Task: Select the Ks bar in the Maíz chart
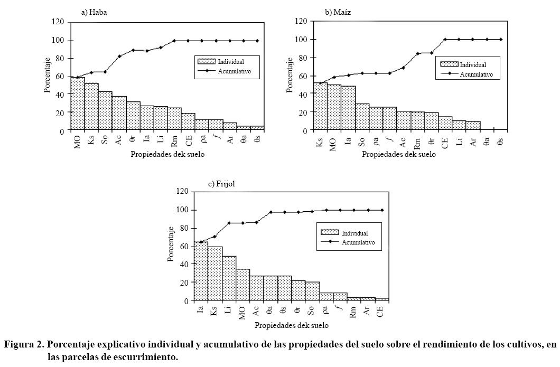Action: tap(320, 106)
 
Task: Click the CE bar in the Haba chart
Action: tap(188, 122)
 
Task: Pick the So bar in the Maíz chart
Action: tap(362, 117)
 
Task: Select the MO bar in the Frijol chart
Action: tap(242, 285)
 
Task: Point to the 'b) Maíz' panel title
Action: tap(339, 11)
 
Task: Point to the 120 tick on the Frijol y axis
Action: tap(182, 192)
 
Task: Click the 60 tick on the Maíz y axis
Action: tap(303, 76)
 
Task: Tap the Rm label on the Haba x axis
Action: tap(174, 140)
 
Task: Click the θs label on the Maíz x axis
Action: tap(500, 140)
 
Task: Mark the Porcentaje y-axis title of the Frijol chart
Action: tap(171, 246)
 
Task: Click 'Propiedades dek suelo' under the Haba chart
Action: tap(167, 154)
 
